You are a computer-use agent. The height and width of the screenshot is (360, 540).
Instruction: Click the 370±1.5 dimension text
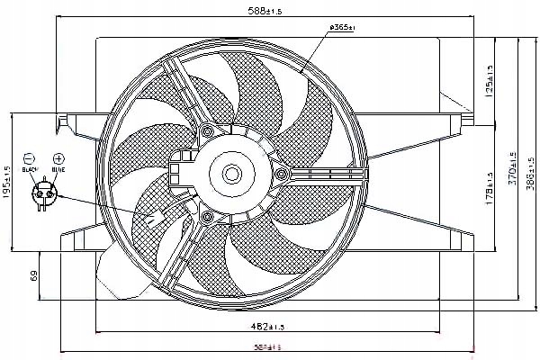(512, 168)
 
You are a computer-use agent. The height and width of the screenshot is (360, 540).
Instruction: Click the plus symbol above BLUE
(58, 157)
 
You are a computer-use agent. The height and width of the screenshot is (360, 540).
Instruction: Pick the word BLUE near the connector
(58, 168)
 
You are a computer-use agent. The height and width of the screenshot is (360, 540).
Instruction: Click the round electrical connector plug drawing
(44, 191)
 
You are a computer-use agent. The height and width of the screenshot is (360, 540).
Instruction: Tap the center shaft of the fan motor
(231, 173)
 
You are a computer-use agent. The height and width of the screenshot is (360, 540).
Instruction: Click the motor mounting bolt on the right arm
(283, 173)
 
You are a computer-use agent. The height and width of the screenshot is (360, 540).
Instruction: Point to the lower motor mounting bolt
(208, 219)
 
